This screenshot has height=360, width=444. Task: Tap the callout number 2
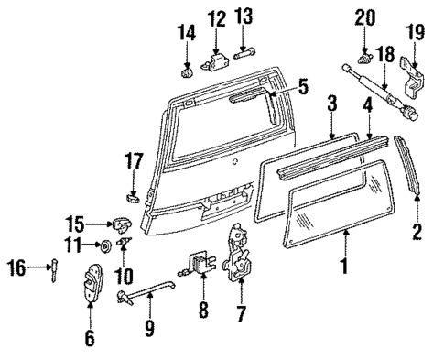point(417,233)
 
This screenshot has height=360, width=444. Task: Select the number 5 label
point(303,88)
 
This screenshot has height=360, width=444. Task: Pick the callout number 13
point(243,16)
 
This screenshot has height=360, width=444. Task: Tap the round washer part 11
point(105,245)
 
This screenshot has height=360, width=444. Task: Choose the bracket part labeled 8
point(200,267)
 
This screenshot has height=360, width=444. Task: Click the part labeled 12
point(217,60)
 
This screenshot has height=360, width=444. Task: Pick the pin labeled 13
point(244,55)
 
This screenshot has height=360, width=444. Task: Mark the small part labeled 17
point(133,194)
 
